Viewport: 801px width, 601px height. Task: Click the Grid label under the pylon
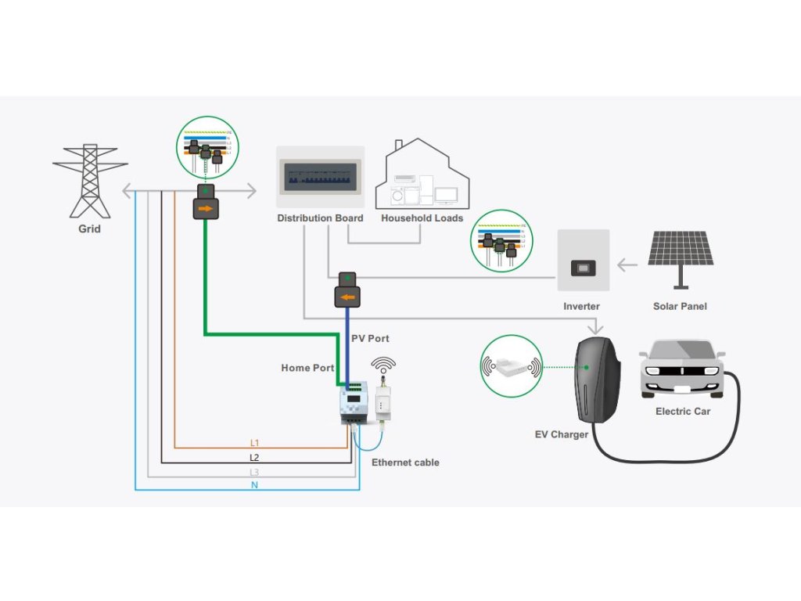89,229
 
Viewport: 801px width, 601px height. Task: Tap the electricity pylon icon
90,181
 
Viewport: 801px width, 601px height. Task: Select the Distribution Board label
320,218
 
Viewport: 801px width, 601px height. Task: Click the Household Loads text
422,218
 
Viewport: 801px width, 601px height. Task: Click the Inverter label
581,306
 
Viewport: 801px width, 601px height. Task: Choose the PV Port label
370,338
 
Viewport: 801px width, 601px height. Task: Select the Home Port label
307,368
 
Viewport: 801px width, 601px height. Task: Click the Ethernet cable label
405,462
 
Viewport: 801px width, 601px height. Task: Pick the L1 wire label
254,443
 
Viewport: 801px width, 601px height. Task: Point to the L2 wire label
254,457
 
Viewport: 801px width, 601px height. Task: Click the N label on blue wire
254,485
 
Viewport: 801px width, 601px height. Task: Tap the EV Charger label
559,434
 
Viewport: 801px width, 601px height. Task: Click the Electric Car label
683,411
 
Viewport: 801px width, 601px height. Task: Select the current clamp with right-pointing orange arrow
206,208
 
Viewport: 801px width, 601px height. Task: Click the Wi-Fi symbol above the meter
383,365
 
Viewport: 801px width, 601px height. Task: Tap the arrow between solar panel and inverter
627,265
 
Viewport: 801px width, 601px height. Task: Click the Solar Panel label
680,306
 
